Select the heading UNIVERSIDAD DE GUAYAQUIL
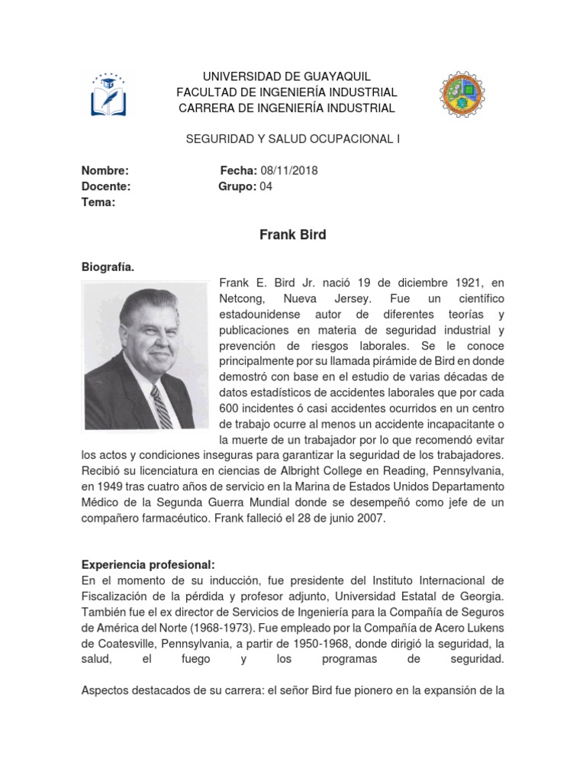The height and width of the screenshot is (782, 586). point(286,76)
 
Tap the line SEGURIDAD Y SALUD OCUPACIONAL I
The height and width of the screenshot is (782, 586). point(293,139)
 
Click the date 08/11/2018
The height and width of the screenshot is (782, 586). point(289,171)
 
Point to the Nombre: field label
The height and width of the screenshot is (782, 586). point(105,171)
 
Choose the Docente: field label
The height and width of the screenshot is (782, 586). point(106,186)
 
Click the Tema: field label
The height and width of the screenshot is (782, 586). point(98,202)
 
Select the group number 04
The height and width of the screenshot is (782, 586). point(266,186)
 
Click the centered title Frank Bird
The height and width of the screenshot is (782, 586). point(293,234)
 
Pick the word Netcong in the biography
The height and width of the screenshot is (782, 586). point(241,298)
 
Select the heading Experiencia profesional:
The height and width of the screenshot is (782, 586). point(148,565)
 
